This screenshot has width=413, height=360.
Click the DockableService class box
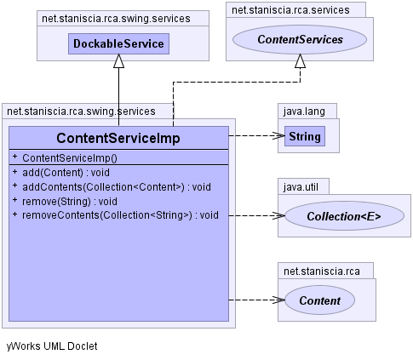tap(118, 43)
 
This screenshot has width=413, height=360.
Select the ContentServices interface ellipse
tap(300, 39)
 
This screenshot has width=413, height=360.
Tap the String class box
tap(305, 136)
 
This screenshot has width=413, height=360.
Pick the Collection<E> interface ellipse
tap(344, 216)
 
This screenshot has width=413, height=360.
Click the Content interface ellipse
tap(320, 300)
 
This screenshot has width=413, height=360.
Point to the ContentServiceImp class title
tap(118, 138)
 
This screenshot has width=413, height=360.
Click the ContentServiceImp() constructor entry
tap(70, 158)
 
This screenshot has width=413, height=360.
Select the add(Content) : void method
tap(66, 173)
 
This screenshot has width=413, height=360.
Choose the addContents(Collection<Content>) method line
tap(117, 187)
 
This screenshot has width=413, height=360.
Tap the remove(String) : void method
tap(70, 202)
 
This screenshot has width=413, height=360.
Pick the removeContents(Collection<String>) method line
tap(120, 215)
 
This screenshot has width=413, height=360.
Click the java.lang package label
tap(304, 111)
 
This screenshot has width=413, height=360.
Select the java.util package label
tap(301, 187)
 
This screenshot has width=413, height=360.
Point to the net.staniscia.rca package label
tap(322, 271)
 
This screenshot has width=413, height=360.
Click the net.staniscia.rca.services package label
tap(290, 10)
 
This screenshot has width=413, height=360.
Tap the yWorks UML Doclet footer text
tap(52, 346)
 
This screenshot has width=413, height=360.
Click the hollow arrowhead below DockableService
tap(118, 61)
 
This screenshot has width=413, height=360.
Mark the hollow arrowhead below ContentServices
tap(300, 61)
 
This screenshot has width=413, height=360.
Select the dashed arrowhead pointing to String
tap(278, 135)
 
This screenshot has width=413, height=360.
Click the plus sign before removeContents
tap(15, 214)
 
